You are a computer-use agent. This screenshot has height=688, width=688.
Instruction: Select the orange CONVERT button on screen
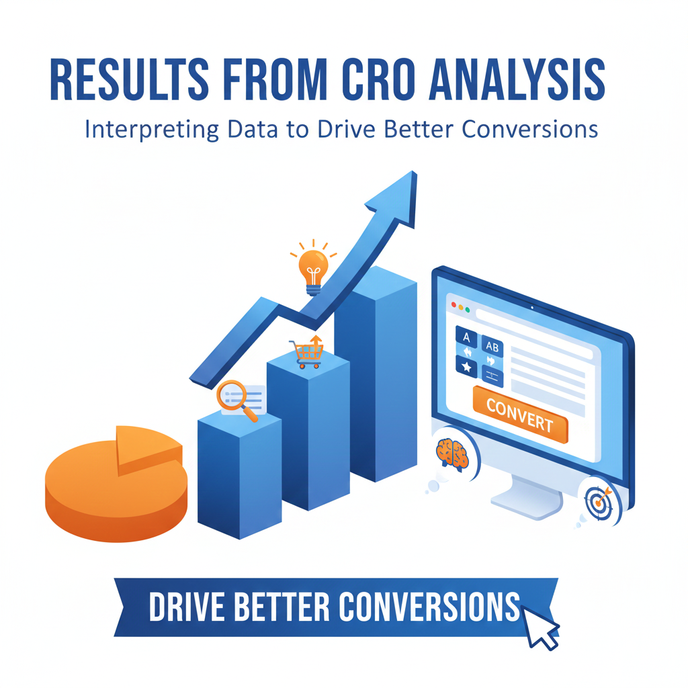[x=519, y=414]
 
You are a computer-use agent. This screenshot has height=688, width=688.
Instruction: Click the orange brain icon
[x=451, y=454]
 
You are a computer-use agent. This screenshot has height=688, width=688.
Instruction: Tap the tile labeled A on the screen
[x=466, y=335]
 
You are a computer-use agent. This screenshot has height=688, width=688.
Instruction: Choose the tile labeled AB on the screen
[x=492, y=346]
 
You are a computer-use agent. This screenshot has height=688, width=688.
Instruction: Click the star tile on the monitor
[x=466, y=367]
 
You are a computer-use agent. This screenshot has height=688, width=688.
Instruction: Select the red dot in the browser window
[x=454, y=306]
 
